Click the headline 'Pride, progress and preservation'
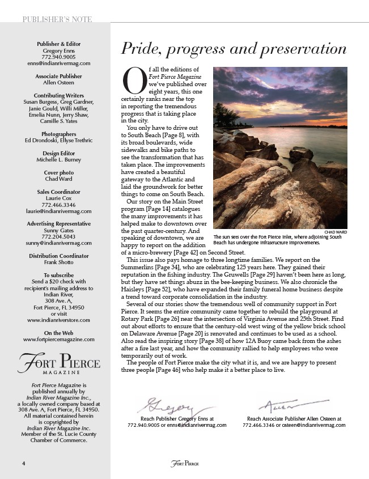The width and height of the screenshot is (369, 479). [x=234, y=49]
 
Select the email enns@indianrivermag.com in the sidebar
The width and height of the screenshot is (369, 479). [x=59, y=63]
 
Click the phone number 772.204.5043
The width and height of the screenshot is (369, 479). [x=59, y=237]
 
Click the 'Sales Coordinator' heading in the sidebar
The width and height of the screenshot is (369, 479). [x=59, y=192]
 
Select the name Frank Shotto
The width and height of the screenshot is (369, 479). [x=59, y=263]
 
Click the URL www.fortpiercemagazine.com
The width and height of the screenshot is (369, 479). [x=59, y=339]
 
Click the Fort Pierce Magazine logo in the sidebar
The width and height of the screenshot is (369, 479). [x=59, y=364]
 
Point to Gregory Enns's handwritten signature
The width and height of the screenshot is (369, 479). [x=169, y=406]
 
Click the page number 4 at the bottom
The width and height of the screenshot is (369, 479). [x=23, y=463]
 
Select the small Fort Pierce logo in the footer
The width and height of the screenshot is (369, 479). [x=184, y=464]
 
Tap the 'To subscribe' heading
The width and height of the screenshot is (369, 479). [x=59, y=275]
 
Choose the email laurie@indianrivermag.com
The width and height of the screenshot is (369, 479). [x=59, y=211]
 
